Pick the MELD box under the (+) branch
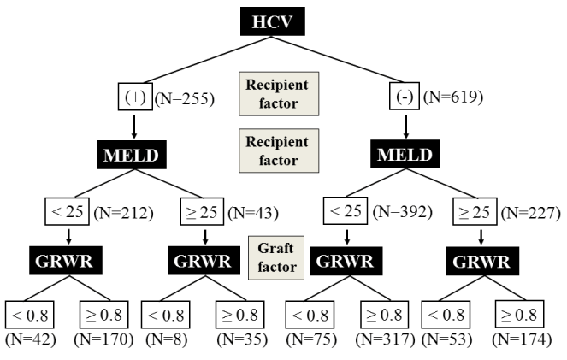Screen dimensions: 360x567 coord(135,156)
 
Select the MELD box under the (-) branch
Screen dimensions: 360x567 coord(405,156)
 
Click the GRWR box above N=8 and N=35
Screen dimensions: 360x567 coord(204,262)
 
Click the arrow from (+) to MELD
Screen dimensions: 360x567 coord(135,125)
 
